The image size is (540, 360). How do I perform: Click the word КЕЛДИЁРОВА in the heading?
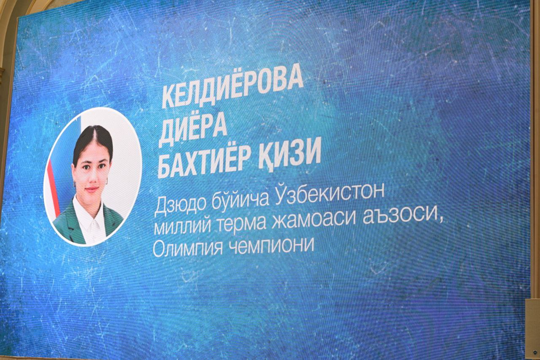(x=233, y=87)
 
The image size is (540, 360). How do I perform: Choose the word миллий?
(x=184, y=228)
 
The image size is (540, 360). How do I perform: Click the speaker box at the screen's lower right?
(x=532, y=328)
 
